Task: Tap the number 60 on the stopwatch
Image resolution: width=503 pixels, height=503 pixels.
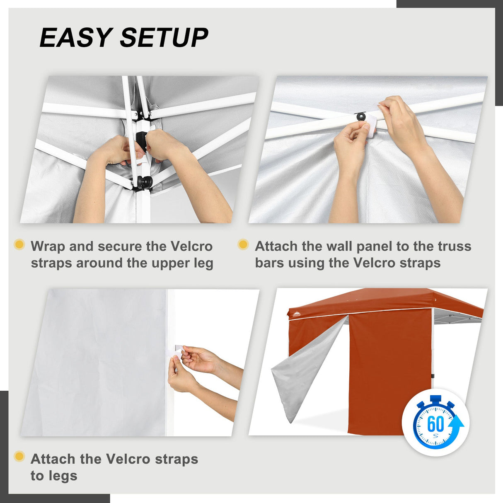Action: pos(435,424)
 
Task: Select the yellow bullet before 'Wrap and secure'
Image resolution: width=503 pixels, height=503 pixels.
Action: pos(19,244)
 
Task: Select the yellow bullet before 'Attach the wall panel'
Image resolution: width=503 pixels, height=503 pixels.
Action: pos(243,244)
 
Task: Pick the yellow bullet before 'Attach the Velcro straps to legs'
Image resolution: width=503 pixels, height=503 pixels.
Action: pos(19,457)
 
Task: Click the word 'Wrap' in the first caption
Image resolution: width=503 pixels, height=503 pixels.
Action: pos(48,247)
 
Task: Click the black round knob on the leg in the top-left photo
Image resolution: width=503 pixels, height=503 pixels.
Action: pos(145,181)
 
